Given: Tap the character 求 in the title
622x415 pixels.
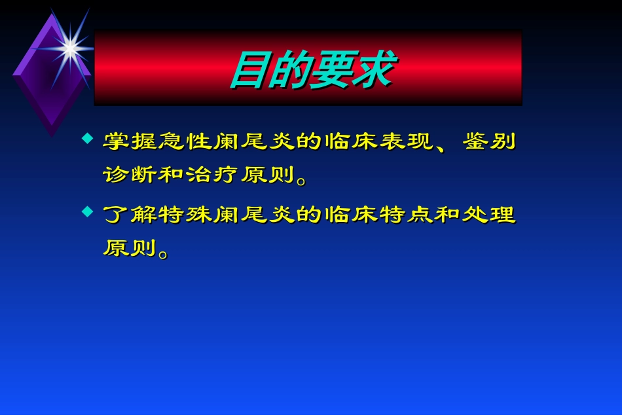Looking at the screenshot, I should [371, 71].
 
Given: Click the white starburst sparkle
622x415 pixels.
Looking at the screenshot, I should [69, 46].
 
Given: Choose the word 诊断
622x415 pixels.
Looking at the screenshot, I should [130, 175].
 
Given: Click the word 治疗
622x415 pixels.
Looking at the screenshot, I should [213, 175].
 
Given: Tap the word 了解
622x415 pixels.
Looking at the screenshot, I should [130, 215].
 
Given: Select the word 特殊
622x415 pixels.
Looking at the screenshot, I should [185, 215].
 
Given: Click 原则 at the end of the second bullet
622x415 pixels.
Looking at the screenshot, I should [130, 248].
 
